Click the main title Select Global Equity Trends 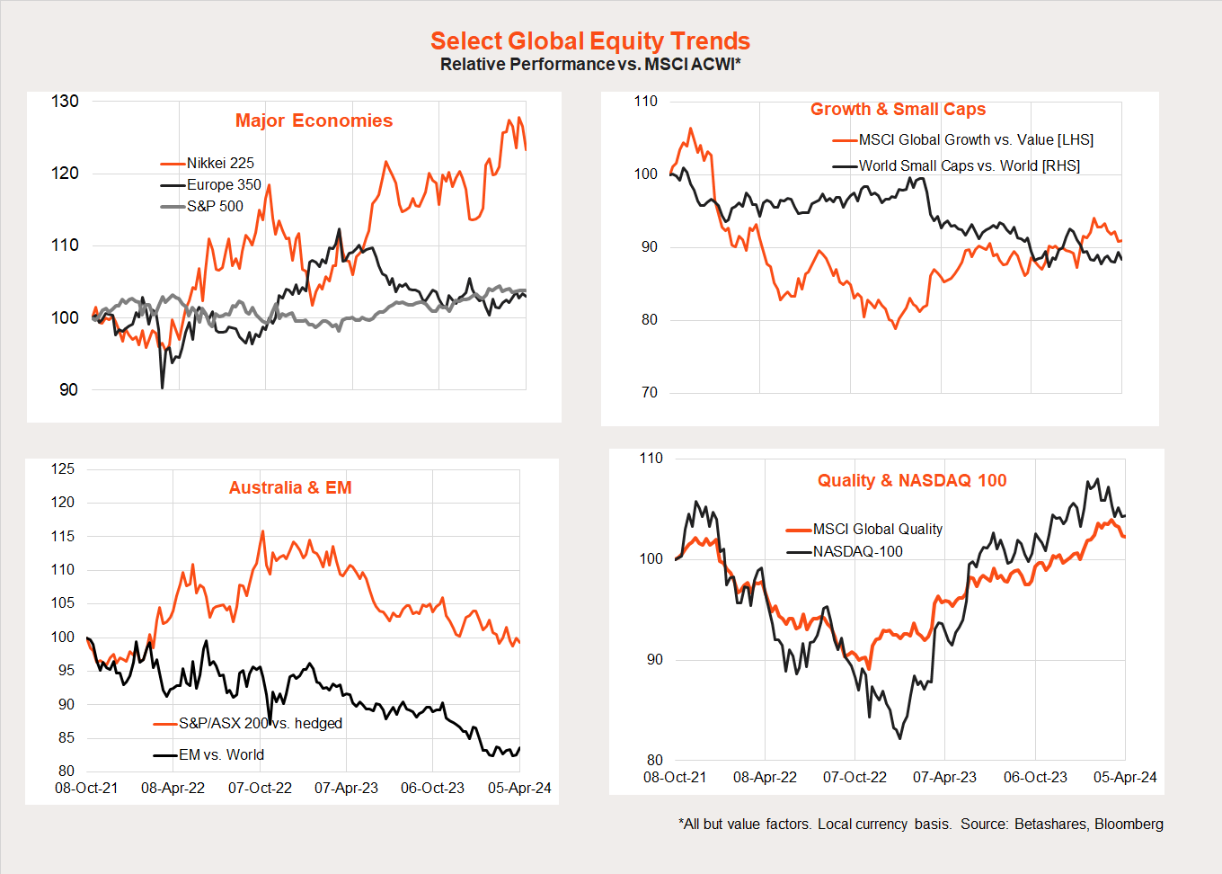tap(589, 41)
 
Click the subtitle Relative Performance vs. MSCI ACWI tap(589, 65)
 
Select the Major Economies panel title tap(314, 120)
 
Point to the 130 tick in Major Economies tap(66, 101)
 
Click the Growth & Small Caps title tap(898, 109)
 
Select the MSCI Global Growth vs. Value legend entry tap(975, 139)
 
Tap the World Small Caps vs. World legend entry tap(969, 165)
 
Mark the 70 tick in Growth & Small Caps tap(649, 392)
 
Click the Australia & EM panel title tap(290, 487)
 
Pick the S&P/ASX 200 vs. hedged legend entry tap(260, 723)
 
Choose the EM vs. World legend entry tap(221, 754)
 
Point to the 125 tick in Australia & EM tap(63, 468)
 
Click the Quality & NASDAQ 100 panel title tap(912, 480)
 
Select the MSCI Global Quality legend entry tap(877, 529)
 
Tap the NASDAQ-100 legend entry tap(857, 551)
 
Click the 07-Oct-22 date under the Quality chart tap(855, 777)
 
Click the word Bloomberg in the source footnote tap(1129, 824)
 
